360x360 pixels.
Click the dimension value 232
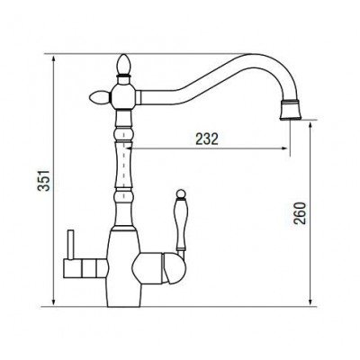207,139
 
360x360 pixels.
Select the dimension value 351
44,180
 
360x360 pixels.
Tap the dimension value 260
300,213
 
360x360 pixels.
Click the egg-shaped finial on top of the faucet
123,65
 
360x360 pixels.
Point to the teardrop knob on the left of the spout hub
100,97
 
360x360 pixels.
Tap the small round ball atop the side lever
181,193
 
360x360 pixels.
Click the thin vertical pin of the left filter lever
70,245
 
